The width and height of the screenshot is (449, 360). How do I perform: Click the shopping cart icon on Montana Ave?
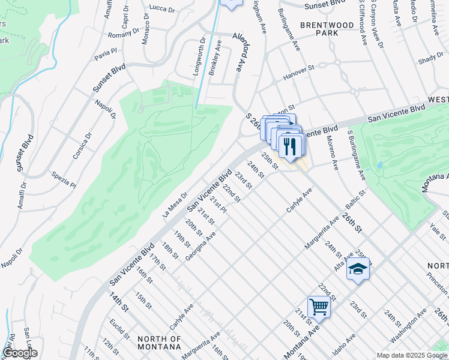(319, 307)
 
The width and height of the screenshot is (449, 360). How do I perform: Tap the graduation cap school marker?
(358, 269)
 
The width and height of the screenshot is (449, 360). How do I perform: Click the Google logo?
(19, 353)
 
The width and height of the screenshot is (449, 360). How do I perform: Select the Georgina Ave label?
(201, 247)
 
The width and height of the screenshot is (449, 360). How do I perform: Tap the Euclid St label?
(116, 328)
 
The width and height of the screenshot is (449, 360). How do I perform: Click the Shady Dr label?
(430, 59)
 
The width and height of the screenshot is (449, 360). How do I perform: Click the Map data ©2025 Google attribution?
(412, 355)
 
